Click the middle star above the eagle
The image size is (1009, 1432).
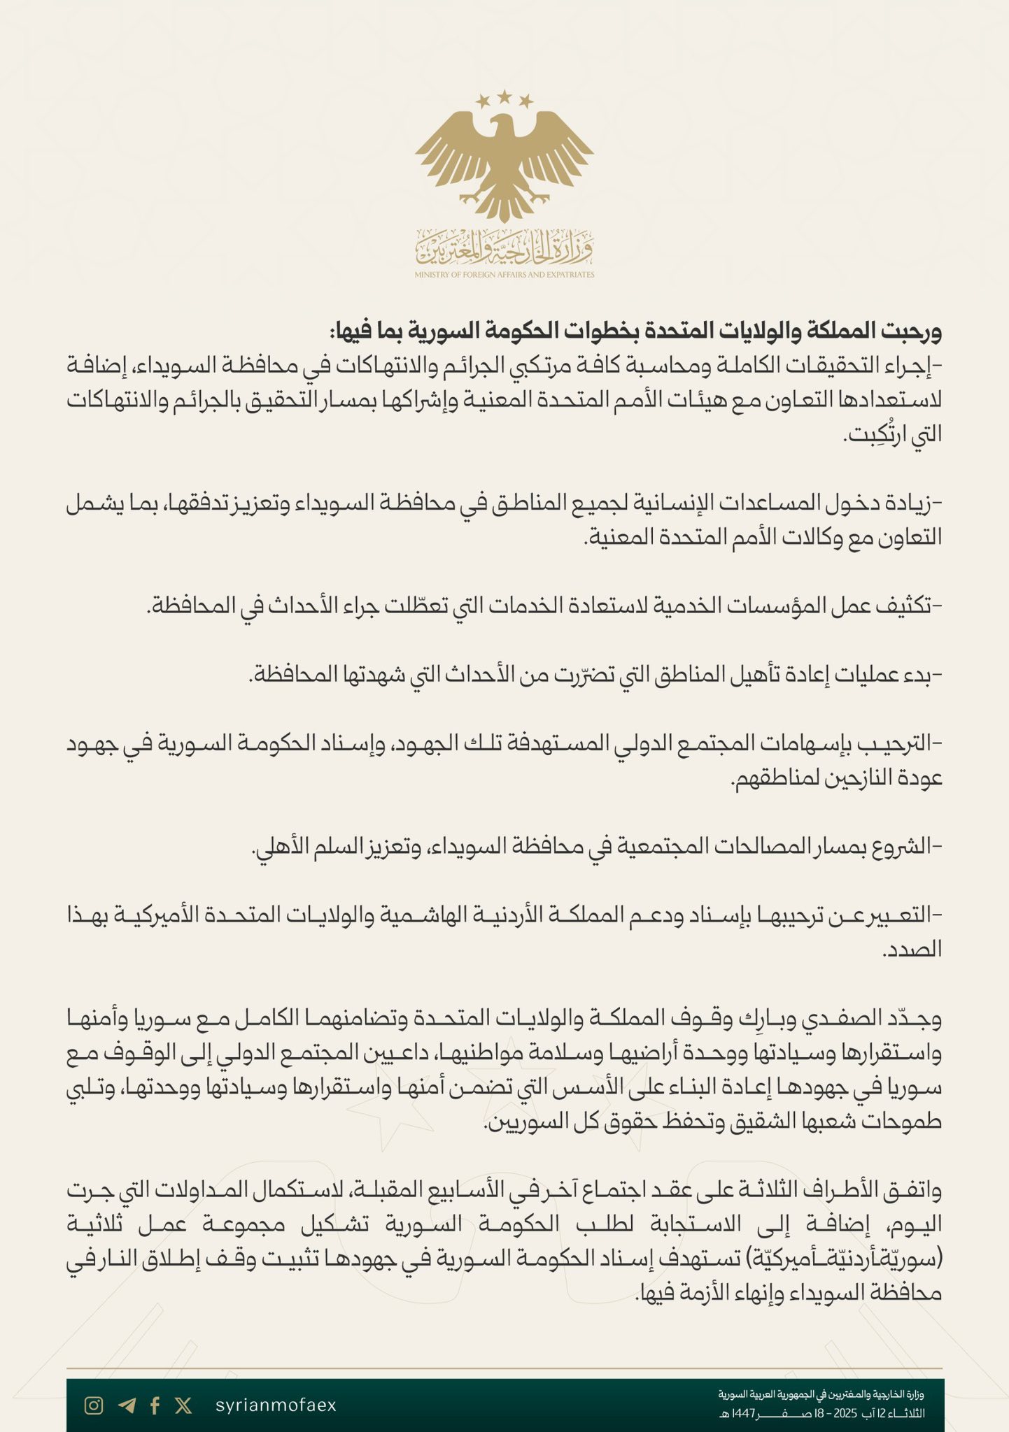click(x=504, y=96)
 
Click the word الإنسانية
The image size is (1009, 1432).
click(x=678, y=502)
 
